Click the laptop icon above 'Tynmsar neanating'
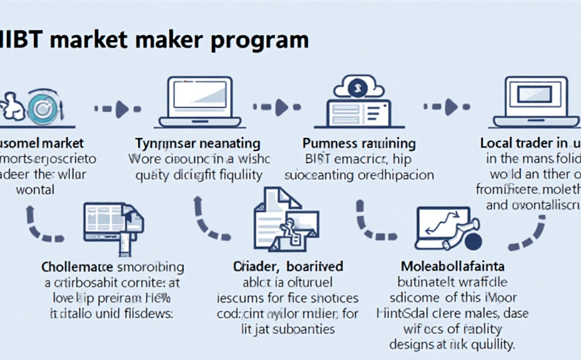(x=200, y=102)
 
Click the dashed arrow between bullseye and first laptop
(x=113, y=109)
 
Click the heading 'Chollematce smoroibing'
(x=112, y=267)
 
